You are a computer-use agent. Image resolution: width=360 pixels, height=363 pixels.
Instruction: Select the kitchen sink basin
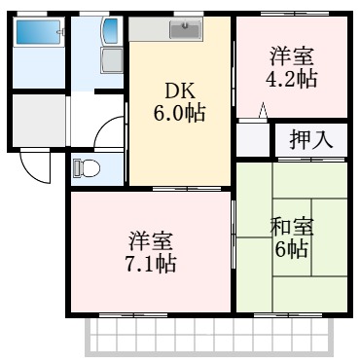(x=183, y=29)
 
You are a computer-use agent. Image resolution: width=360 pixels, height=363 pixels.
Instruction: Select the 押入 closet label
(x=310, y=139)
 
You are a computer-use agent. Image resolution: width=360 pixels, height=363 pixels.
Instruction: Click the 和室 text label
(x=291, y=228)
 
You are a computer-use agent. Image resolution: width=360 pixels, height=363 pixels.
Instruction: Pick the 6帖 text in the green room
(x=292, y=250)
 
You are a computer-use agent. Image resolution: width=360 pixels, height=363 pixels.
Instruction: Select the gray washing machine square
(x=111, y=60)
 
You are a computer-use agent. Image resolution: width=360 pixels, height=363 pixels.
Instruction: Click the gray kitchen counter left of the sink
(x=151, y=29)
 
